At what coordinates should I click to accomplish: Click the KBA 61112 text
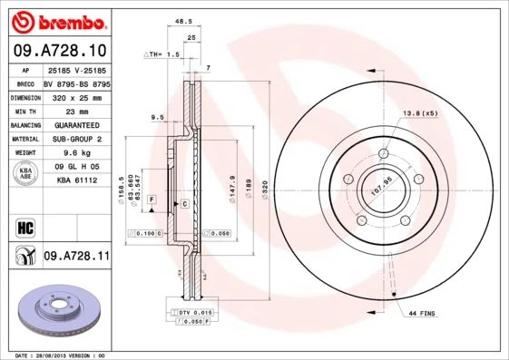click(x=76, y=181)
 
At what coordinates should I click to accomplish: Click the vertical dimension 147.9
click(x=234, y=190)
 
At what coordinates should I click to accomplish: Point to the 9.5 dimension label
click(x=156, y=117)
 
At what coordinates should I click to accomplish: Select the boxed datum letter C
click(x=185, y=204)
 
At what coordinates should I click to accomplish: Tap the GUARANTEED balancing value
click(x=77, y=124)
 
